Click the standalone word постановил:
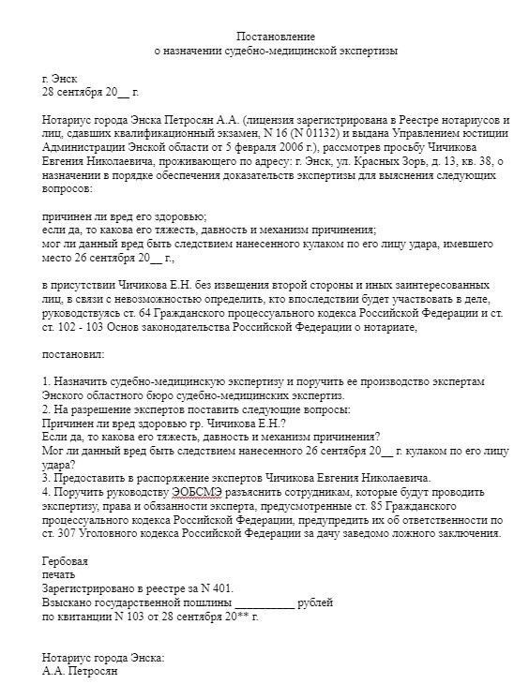coord(74,356)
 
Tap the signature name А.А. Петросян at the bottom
coord(81,671)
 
